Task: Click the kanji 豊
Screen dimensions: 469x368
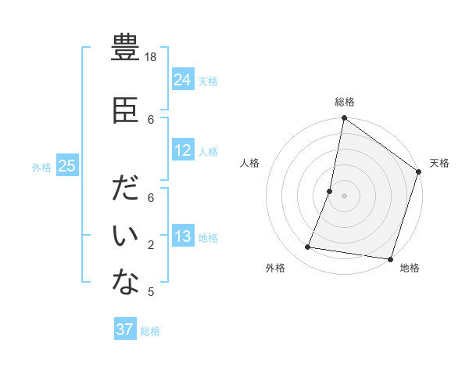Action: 125,49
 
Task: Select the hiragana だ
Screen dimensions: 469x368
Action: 125,190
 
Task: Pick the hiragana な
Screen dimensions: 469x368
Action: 125,283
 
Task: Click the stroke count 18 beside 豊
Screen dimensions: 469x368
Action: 152,57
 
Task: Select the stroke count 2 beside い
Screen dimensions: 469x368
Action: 151,245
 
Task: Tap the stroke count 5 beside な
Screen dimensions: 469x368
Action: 151,292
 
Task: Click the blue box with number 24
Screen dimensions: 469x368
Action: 182,79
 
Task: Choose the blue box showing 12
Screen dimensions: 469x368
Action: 182,150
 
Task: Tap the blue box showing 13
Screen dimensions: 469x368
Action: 182,236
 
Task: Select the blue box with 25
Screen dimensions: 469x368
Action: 67,166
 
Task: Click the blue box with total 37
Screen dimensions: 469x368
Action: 125,330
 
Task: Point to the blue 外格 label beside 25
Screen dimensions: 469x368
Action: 41,167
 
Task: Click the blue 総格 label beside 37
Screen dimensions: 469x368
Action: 150,331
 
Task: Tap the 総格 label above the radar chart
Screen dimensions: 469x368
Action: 345,102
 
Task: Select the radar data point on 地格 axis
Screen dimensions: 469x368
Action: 390,258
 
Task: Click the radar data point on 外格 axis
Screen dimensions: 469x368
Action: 308,247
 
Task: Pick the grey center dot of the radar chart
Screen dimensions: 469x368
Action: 344,196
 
